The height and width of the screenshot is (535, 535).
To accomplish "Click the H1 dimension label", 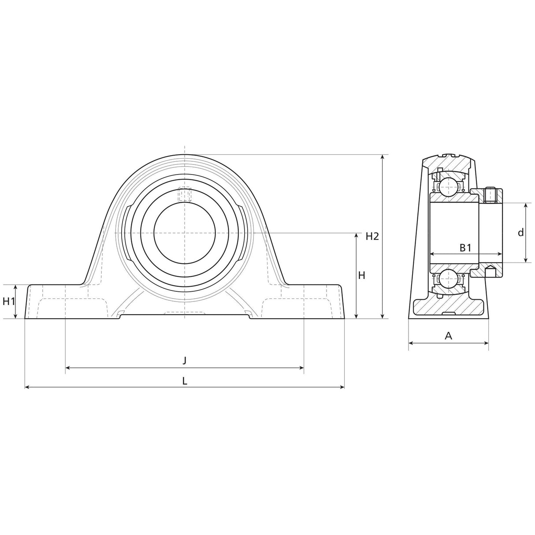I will point(9,301).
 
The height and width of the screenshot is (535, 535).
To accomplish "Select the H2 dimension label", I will point(372,236).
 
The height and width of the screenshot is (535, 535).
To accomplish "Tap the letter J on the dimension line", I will point(185,360).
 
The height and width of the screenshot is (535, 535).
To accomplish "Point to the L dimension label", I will point(185,381).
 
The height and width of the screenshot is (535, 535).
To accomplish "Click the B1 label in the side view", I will point(465,248).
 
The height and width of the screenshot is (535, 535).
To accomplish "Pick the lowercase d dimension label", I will point(520,233).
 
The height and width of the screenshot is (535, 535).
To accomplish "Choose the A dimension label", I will point(448,336).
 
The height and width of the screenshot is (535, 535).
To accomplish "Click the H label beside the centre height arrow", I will point(361,275).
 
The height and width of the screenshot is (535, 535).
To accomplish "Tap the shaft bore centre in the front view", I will point(185,232).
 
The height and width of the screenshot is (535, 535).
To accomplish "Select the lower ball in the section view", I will point(448,279).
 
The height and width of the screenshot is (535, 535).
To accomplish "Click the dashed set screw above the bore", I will point(185,194).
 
